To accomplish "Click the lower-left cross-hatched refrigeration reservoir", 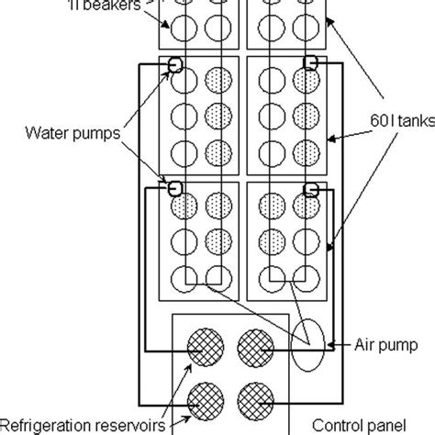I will (x=203, y=399).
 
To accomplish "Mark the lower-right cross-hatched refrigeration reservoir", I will (x=254, y=399).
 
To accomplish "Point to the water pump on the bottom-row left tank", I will (x=172, y=188).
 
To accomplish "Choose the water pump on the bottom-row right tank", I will (x=312, y=190).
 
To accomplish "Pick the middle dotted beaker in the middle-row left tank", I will (x=217, y=115).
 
